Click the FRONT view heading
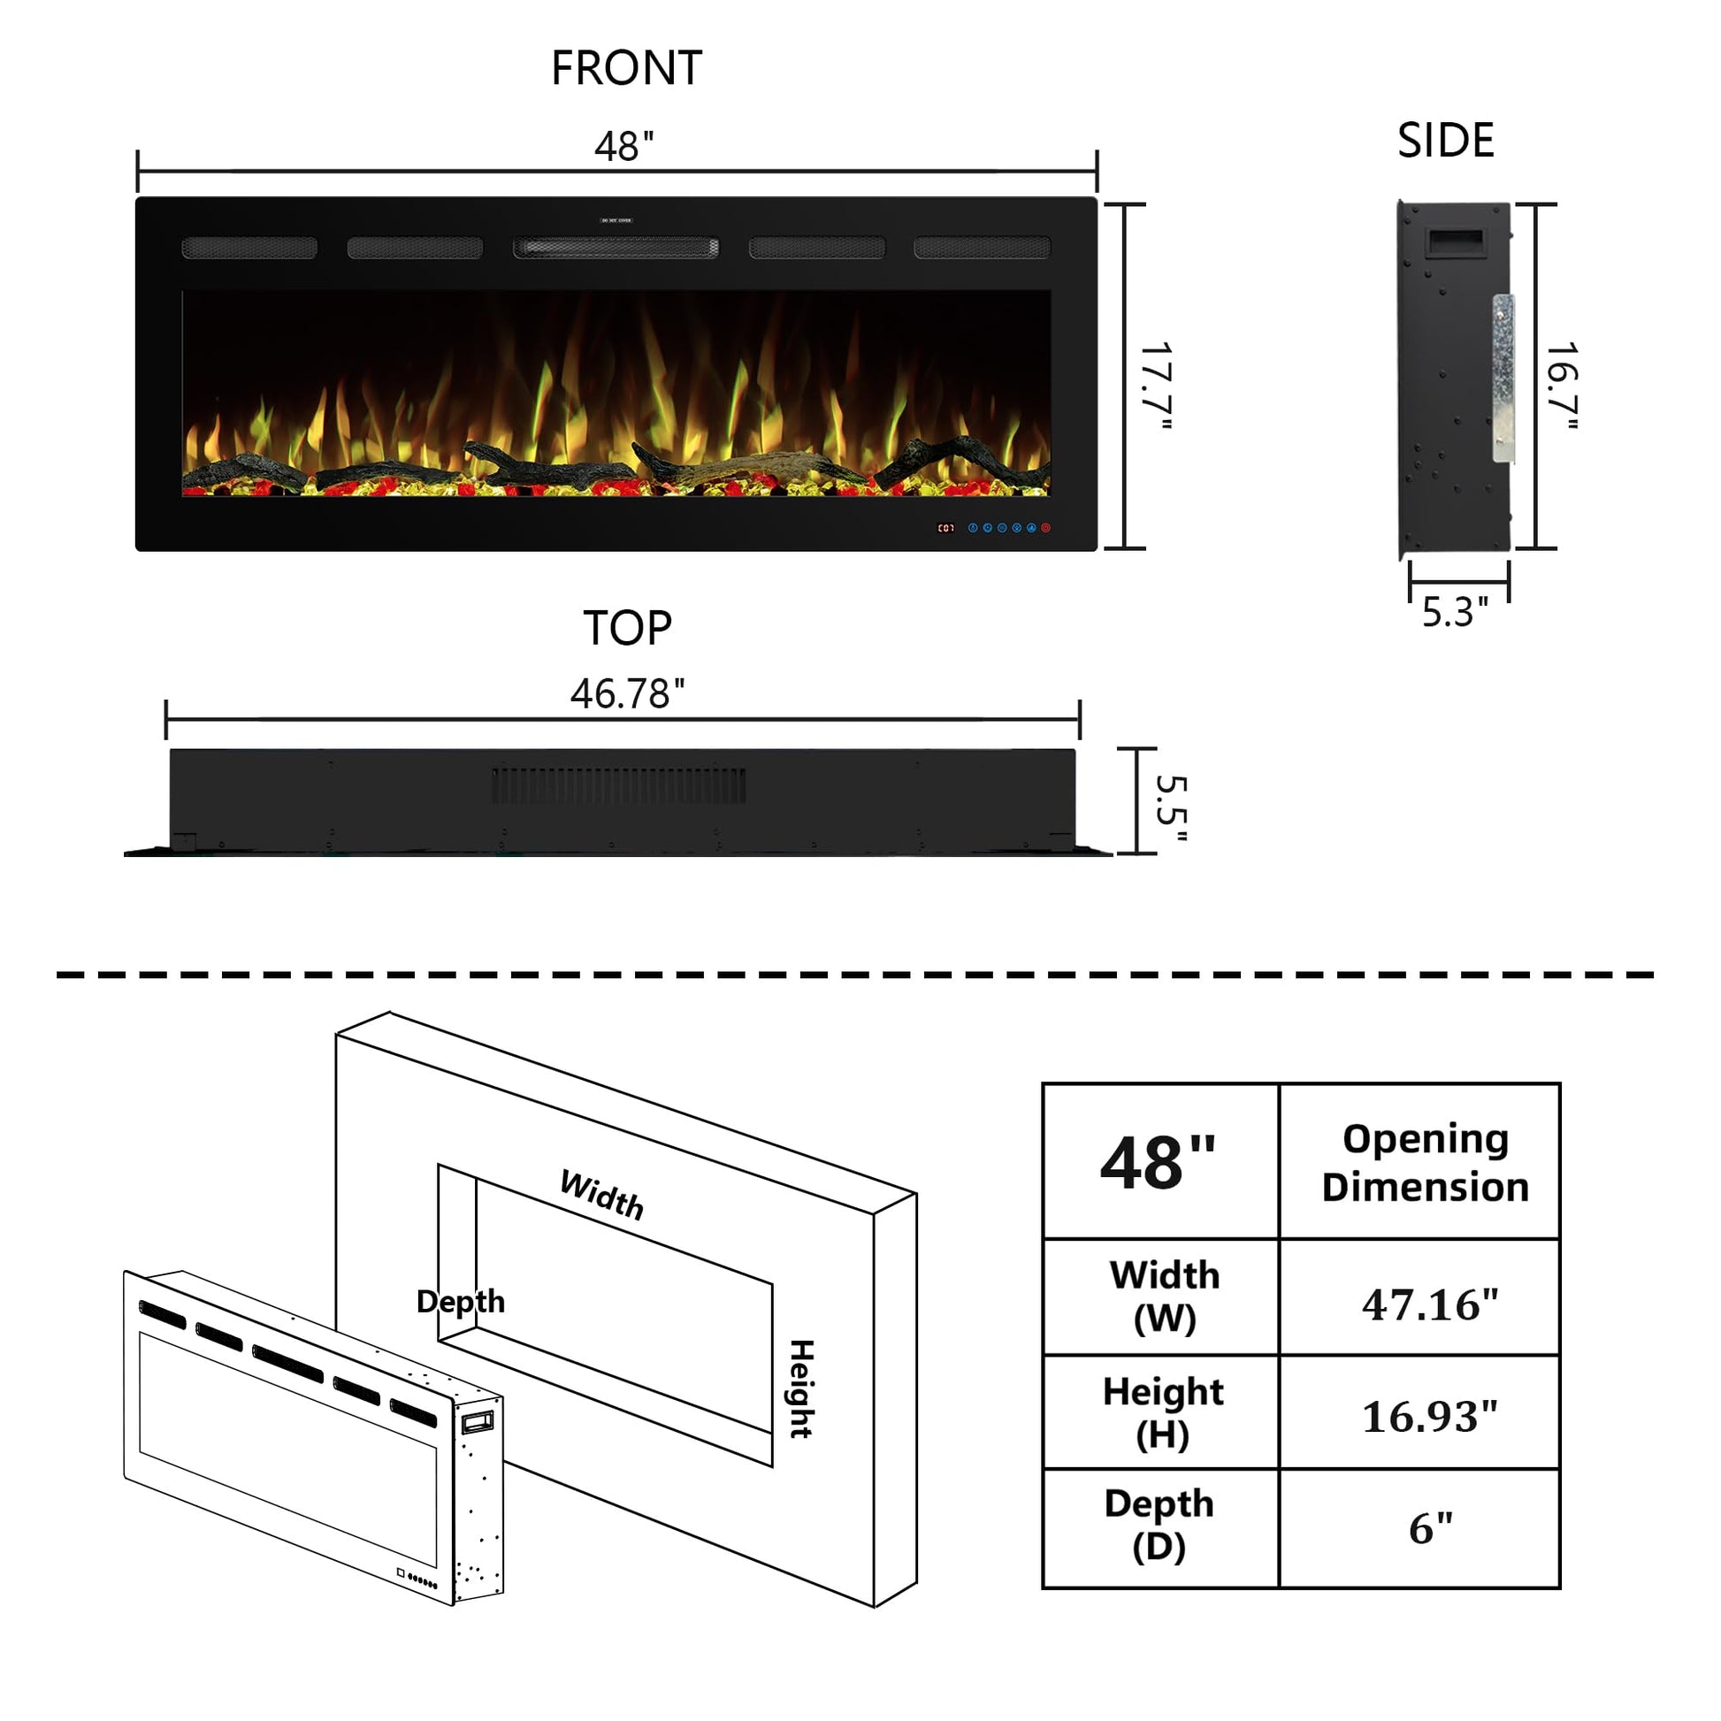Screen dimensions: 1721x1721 [x=626, y=69]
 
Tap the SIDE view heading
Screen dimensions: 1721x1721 [x=1445, y=141]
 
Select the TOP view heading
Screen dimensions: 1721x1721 [x=627, y=628]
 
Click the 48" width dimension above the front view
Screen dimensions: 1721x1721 [x=623, y=146]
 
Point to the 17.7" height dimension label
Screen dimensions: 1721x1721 [x=1156, y=386]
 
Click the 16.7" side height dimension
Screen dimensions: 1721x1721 [x=1562, y=386]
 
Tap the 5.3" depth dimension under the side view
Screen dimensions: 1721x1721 [x=1455, y=612]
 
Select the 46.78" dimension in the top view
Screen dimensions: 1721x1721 [x=627, y=694]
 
